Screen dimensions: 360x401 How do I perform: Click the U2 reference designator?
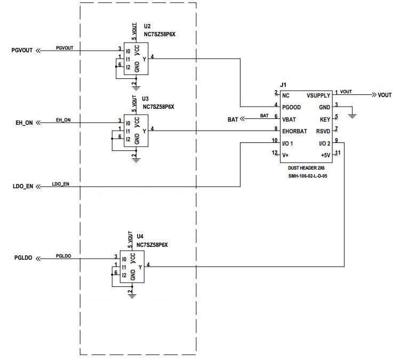tap(147, 26)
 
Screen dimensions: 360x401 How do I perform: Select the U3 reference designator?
tap(145, 99)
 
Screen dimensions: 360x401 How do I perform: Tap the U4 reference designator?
tap(140, 236)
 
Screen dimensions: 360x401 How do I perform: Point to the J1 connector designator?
tap(283, 85)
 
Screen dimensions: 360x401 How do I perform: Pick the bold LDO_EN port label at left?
tap(22, 187)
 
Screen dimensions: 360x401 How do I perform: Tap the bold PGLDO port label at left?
tap(23, 258)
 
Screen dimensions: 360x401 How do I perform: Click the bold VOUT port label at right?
tap(384, 95)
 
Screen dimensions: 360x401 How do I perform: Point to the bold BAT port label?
tap(232, 120)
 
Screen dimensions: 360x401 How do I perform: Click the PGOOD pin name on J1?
tap(293, 107)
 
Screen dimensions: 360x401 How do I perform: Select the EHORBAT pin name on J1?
tap(295, 131)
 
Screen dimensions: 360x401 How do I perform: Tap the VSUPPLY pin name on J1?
tap(318, 95)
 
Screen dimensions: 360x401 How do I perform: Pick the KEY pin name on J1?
tap(325, 119)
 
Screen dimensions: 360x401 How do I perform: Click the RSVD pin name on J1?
tap(323, 131)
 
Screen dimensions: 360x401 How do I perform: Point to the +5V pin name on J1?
tap(325, 155)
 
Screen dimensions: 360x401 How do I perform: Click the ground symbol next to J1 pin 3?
tap(352, 114)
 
